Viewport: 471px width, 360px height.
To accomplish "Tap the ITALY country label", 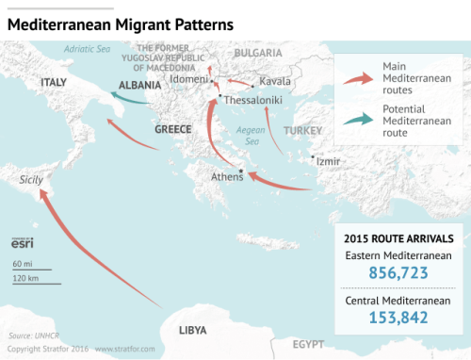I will (x=54, y=83).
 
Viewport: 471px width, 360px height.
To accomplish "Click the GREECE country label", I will (x=172, y=128).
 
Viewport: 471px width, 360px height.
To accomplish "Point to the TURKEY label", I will (x=302, y=129).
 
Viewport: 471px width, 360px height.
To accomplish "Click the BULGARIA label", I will (x=256, y=54).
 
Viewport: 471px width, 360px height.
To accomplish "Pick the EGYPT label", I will (x=308, y=344).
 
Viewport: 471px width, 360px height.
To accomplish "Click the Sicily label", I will (x=22, y=178).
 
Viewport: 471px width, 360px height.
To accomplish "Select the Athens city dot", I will (x=241, y=171).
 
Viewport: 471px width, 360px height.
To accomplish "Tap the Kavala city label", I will (x=274, y=81).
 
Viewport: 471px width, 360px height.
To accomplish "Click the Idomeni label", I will (x=189, y=79).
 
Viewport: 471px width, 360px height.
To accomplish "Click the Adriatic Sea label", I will (x=87, y=47).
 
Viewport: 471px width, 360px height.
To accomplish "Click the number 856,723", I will (x=397, y=273).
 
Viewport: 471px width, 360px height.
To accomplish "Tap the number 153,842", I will (x=397, y=318).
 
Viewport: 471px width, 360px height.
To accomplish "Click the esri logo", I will (x=23, y=243).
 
